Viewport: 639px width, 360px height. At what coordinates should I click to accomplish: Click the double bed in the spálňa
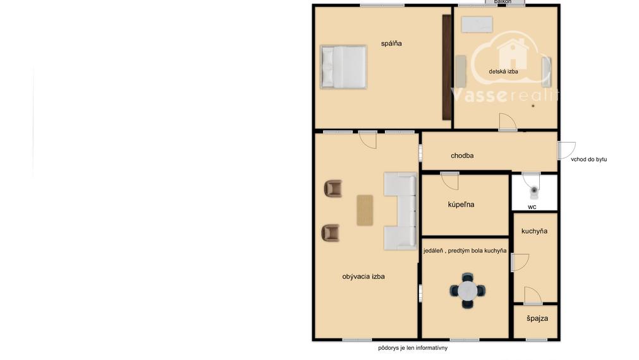344,67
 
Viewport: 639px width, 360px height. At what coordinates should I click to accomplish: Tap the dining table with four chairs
468,291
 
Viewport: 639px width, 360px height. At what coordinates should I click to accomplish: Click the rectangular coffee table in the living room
365,210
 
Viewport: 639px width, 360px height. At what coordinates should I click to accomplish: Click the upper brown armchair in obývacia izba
333,189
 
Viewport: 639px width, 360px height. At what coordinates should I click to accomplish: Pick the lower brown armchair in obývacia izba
331,232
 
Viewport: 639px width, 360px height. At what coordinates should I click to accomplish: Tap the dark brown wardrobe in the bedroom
447,67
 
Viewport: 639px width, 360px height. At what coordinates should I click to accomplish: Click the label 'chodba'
462,155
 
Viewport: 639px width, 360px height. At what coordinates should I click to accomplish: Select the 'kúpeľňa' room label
461,205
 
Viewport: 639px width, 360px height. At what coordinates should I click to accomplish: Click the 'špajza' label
537,318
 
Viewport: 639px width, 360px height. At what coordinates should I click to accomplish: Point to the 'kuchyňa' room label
534,231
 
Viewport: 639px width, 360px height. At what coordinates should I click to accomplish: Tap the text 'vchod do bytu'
589,159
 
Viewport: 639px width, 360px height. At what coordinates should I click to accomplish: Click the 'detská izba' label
503,71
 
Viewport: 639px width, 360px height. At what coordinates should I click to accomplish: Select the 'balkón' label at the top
502,2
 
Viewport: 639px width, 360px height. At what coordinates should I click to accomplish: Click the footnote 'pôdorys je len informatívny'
413,348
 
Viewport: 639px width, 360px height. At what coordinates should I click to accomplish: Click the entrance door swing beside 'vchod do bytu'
566,150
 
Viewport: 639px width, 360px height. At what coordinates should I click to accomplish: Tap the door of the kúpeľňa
449,181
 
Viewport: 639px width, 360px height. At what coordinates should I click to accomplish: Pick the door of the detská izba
508,122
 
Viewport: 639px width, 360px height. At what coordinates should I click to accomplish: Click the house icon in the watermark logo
513,54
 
